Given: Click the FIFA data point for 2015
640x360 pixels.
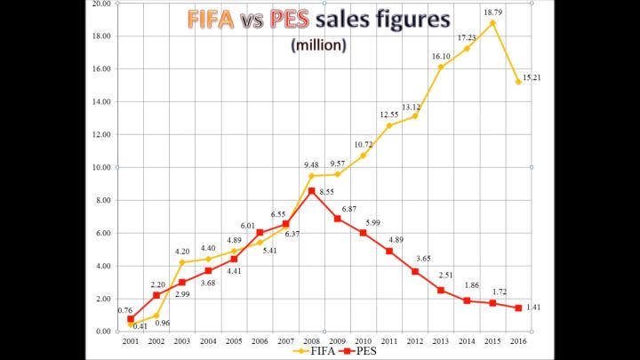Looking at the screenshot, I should click(x=492, y=23).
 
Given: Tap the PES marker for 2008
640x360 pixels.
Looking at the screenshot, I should click(x=311, y=191).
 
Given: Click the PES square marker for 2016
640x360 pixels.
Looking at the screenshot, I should click(x=518, y=308).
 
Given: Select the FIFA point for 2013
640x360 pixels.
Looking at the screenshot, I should click(x=441, y=68).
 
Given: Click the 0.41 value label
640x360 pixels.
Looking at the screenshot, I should click(x=140, y=326).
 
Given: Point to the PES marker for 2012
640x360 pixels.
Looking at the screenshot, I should click(x=414, y=271).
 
